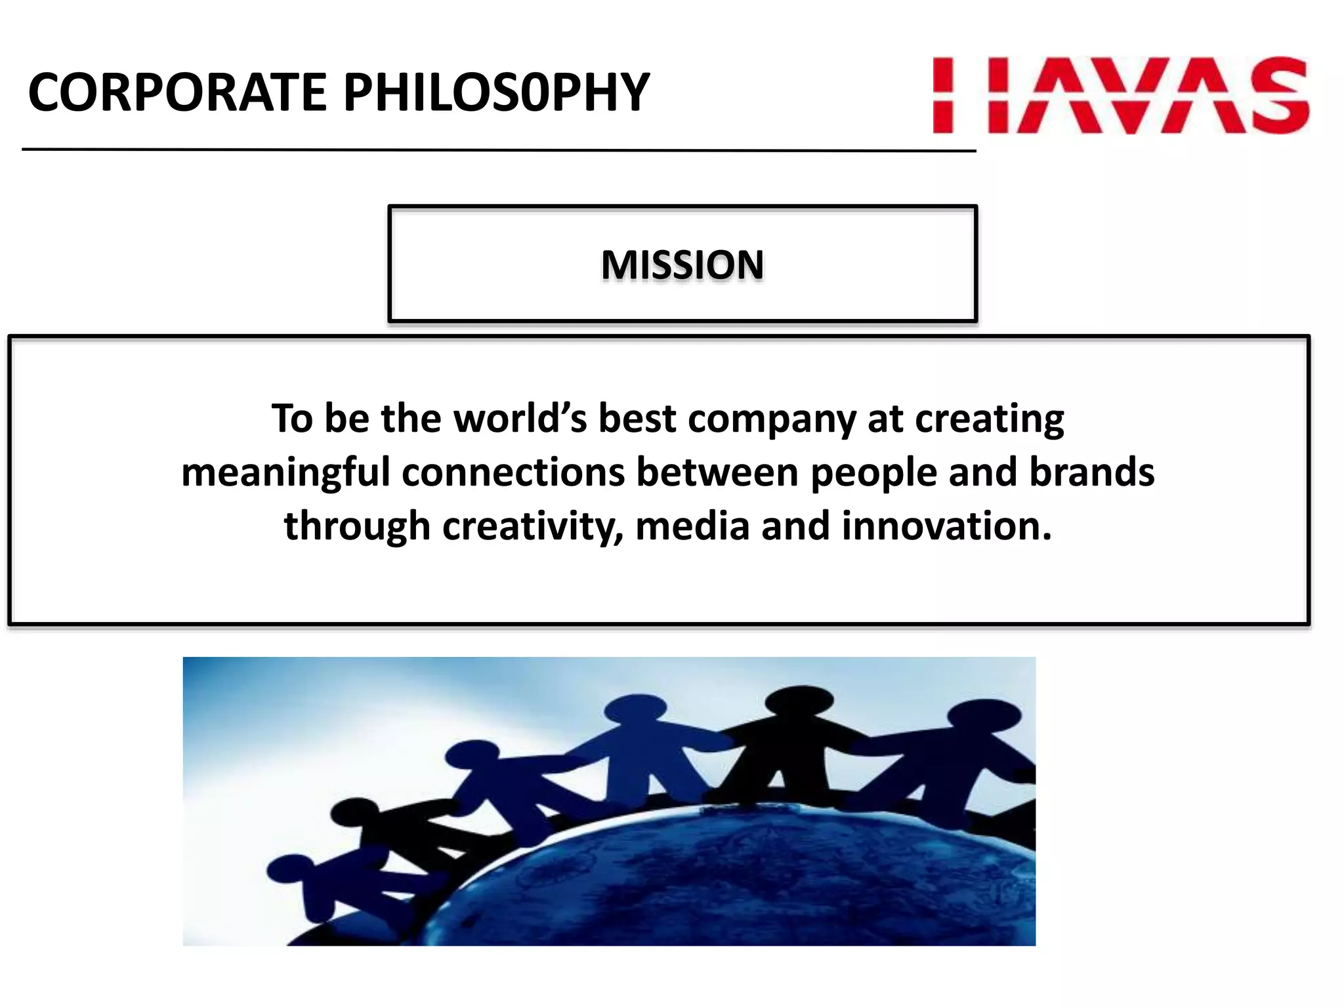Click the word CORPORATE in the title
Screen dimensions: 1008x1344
pyautogui.click(x=177, y=93)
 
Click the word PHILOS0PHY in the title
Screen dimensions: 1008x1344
pyautogui.click(x=496, y=93)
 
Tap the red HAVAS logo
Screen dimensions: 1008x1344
pyautogui.click(x=1120, y=96)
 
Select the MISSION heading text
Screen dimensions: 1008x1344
pyautogui.click(x=682, y=264)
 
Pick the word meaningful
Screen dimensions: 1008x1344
pyautogui.click(x=285, y=473)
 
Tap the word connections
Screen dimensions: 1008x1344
pyautogui.click(x=513, y=472)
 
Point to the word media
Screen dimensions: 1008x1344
pyautogui.click(x=692, y=526)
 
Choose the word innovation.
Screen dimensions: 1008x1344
pyautogui.click(x=946, y=526)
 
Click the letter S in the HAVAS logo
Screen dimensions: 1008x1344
pyautogui.click(x=1278, y=96)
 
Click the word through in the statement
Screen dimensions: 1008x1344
pyautogui.click(x=357, y=527)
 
